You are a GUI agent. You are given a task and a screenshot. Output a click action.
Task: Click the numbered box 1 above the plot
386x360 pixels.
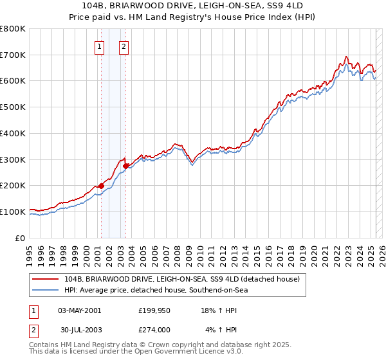(100, 46)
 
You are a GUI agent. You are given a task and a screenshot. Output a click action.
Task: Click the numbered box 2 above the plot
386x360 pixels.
(124, 46)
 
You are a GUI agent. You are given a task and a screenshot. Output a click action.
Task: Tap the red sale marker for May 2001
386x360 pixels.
(101, 186)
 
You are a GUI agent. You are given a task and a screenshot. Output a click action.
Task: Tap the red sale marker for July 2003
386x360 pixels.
(125, 166)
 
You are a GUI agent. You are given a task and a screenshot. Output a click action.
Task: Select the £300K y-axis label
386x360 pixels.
(14, 159)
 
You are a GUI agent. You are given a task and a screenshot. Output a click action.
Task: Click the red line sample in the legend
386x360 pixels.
(46, 279)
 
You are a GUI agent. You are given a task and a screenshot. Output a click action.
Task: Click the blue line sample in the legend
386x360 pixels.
(46, 290)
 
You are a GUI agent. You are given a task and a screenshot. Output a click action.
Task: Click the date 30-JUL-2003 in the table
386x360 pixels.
(80, 330)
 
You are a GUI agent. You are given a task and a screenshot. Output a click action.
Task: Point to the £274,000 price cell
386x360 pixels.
(153, 330)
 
